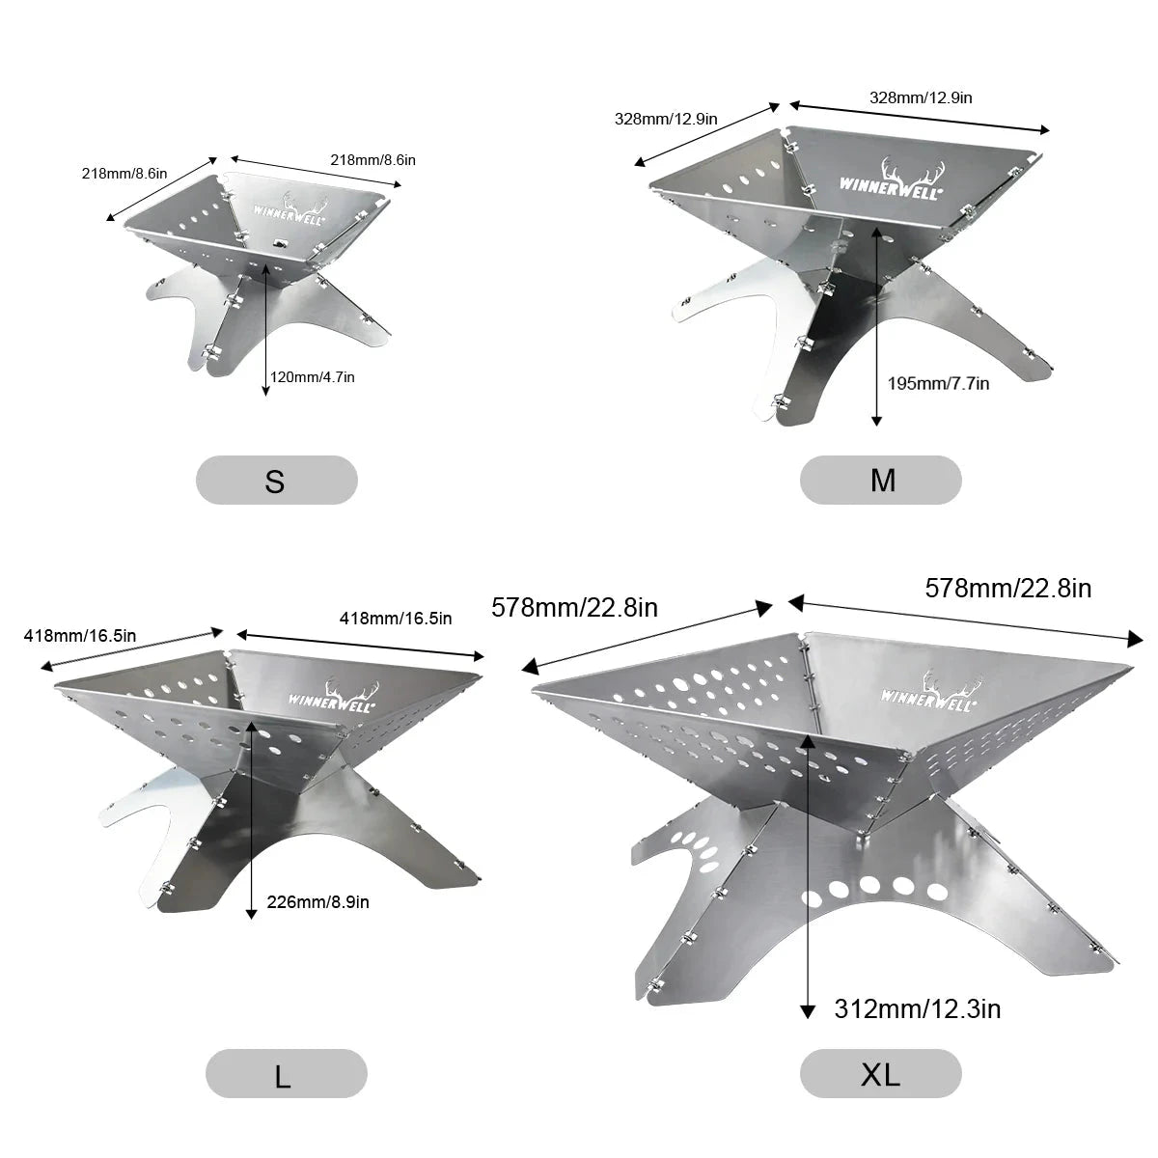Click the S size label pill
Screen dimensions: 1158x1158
coord(276,480)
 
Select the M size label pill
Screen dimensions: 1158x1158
coord(880,480)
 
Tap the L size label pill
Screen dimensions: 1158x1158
coord(286,1073)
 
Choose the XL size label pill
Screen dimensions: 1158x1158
coord(880,1073)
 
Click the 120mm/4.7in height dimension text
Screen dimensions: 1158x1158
coord(313,377)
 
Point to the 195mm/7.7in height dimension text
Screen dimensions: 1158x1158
coord(939,383)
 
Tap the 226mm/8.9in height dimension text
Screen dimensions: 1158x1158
coord(317,902)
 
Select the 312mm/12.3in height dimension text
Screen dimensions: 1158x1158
coord(918,1009)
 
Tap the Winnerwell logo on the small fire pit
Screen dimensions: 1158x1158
coord(290,207)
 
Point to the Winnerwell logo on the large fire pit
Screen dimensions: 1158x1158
coord(334,697)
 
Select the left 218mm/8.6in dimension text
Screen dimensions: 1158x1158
coord(124,174)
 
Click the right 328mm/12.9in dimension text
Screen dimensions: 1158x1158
coord(921,97)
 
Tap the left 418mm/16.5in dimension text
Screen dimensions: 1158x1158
coord(80,635)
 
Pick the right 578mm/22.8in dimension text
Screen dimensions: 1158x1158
coord(1008,589)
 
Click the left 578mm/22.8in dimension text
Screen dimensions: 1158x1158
coord(574,608)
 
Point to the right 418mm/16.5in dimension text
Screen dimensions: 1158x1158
coord(396,619)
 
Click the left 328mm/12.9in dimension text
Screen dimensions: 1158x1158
coord(666,119)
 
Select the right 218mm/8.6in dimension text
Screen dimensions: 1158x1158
coord(372,160)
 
